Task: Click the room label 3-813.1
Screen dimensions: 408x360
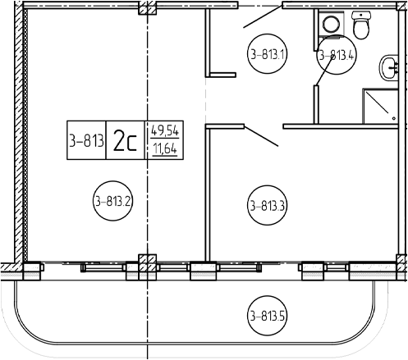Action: (x=268, y=54)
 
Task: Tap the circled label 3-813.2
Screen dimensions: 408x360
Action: (x=112, y=201)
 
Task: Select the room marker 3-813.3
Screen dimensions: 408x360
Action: (x=267, y=205)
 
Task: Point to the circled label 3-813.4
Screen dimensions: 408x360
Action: (x=337, y=55)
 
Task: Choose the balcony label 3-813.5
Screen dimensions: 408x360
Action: (x=267, y=316)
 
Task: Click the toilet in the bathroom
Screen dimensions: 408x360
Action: (x=361, y=25)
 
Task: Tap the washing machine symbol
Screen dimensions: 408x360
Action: (x=331, y=23)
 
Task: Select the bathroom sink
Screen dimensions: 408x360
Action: (x=388, y=68)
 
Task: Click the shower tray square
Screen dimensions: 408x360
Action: (x=380, y=106)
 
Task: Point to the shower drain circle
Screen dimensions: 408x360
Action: (x=393, y=118)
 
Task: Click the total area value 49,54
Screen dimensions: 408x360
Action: (x=165, y=131)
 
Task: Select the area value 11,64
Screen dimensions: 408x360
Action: (x=165, y=148)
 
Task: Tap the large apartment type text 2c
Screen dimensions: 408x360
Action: (x=125, y=140)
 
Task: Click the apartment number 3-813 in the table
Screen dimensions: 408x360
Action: (x=86, y=141)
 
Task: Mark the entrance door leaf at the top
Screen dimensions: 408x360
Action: (x=263, y=16)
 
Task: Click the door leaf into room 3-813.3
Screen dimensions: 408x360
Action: (x=261, y=136)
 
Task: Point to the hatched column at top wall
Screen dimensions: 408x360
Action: (x=148, y=8)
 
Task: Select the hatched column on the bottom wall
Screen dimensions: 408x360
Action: (x=148, y=263)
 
